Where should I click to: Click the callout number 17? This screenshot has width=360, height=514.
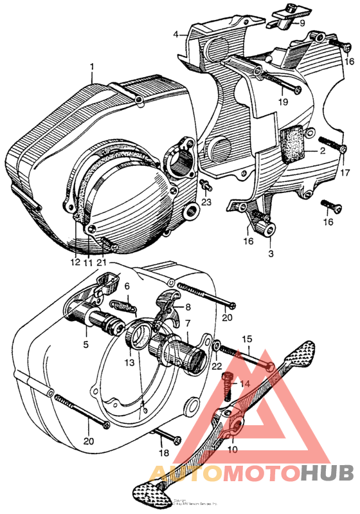coord(345,172)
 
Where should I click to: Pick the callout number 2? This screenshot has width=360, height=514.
coord(323,151)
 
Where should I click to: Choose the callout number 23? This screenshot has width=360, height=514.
coord(207,202)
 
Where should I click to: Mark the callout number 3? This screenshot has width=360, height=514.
coord(271,254)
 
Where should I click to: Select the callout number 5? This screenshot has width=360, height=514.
coord(85,344)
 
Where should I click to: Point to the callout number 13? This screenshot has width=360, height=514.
coord(130,363)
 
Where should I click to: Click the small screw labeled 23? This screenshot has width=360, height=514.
coord(204,186)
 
